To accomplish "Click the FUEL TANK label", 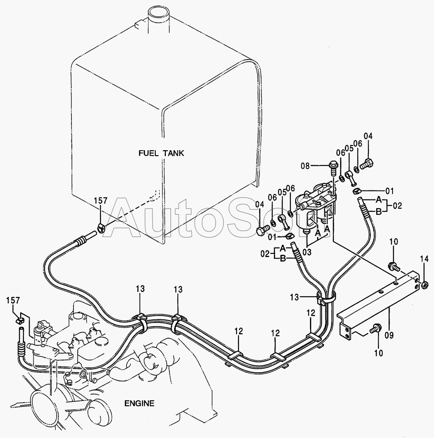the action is click(x=161, y=153).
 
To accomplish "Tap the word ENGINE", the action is click(x=139, y=403).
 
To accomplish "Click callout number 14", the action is click(x=424, y=259).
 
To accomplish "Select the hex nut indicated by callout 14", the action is click(x=425, y=284).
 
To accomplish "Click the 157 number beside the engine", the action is click(x=13, y=300).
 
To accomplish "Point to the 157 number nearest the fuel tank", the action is click(x=101, y=201).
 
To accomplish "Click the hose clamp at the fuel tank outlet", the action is click(x=101, y=227).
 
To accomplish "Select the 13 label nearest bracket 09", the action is click(x=306, y=296).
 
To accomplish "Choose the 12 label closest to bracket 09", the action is click(x=310, y=313).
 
